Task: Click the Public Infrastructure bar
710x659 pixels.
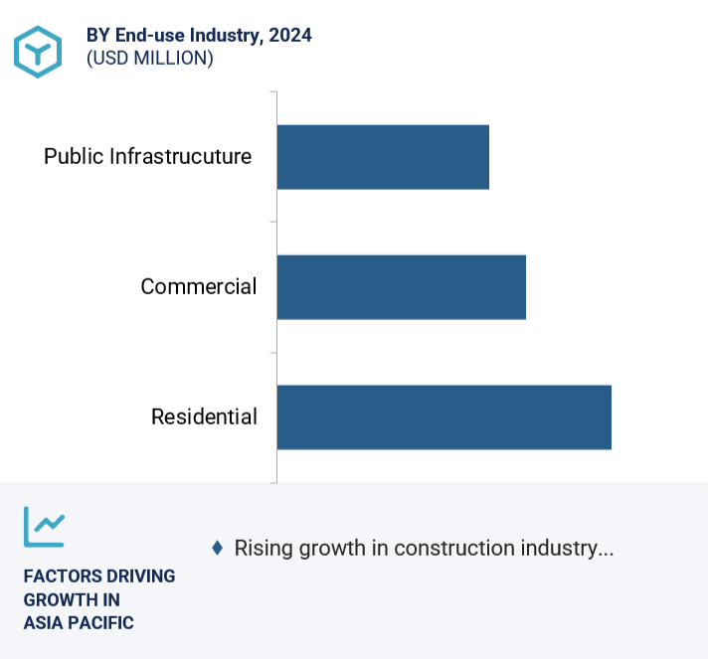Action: (x=383, y=157)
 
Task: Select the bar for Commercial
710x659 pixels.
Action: (x=401, y=287)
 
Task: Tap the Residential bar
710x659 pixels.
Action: (x=444, y=417)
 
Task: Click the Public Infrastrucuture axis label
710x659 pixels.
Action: (x=147, y=157)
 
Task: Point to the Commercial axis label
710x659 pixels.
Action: (x=199, y=287)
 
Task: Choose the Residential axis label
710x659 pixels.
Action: (x=204, y=417)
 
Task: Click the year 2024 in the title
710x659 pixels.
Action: (x=289, y=36)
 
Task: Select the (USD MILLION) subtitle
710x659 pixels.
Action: (x=150, y=59)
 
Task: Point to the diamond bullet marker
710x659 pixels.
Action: (x=217, y=548)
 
